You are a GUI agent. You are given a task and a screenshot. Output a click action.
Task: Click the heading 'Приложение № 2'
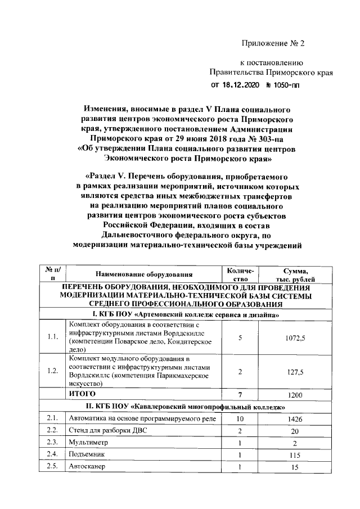click(272, 43)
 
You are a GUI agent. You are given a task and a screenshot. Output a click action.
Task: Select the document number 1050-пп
click(283, 85)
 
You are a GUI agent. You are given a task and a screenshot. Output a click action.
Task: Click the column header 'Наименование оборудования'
click(143, 274)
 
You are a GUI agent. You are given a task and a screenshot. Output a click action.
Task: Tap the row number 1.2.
click(53, 371)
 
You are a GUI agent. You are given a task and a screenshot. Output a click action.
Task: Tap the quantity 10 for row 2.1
click(240, 418)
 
